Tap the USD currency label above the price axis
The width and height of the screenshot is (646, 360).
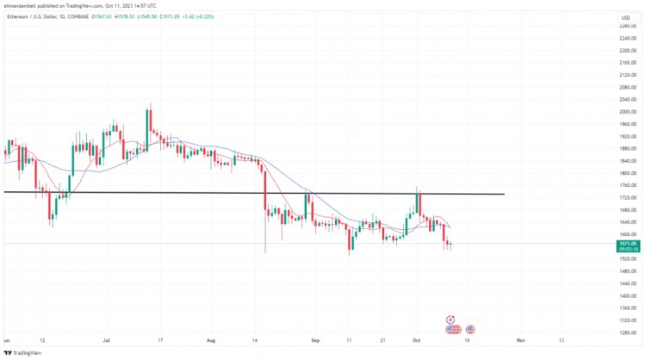pyautogui.click(x=625, y=16)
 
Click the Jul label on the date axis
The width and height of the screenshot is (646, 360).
pyautogui.click(x=108, y=340)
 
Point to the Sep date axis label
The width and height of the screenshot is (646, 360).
pyautogui.click(x=314, y=340)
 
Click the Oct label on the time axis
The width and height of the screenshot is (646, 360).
pyautogui.click(x=416, y=340)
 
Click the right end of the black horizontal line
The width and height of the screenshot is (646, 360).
pyautogui.click(x=503, y=194)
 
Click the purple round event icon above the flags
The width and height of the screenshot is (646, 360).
pyautogui.click(x=450, y=320)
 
